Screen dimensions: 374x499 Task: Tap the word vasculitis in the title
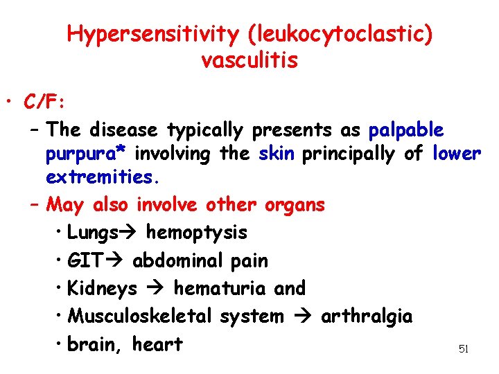(249, 60)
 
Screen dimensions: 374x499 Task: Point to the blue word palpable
(406, 130)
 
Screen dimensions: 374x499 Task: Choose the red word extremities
(103, 177)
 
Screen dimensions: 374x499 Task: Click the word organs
(295, 205)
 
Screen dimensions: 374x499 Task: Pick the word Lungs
(92, 233)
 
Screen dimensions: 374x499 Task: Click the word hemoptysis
(196, 233)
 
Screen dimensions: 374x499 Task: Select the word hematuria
(220, 288)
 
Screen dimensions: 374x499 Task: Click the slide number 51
(464, 350)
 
